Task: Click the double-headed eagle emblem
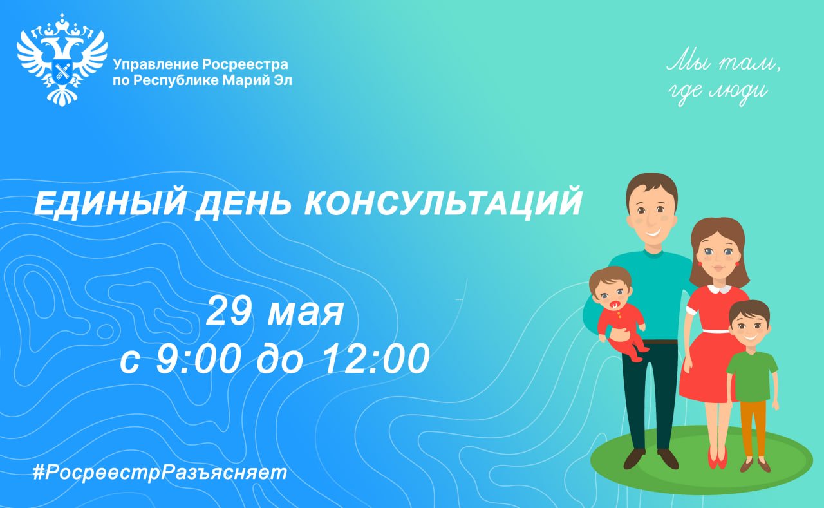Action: coord(62,60)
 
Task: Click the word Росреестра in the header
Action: coord(245,64)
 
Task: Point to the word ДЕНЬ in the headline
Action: coord(243,204)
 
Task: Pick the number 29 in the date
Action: coord(229,311)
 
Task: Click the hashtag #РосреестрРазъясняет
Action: coord(160,473)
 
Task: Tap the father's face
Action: coord(651,216)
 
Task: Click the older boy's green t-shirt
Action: coord(752,376)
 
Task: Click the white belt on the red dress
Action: coord(716,331)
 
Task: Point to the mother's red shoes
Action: coord(718,458)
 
